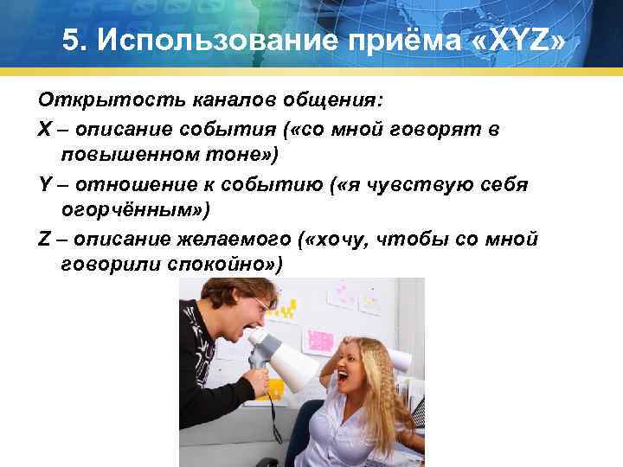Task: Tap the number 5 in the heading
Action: point(73,41)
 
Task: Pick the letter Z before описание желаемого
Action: point(43,238)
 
